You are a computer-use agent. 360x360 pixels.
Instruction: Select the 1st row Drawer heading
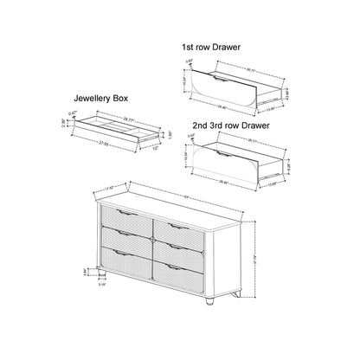click(x=211, y=47)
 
